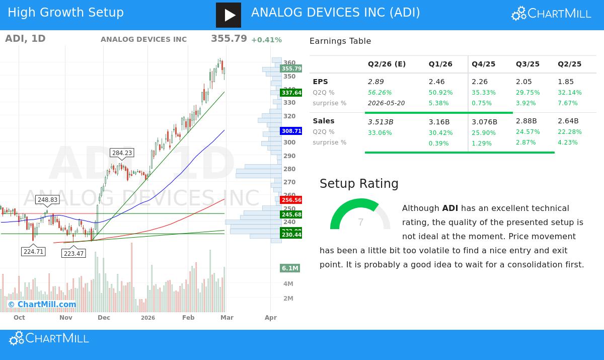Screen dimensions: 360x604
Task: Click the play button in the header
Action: [x=229, y=15]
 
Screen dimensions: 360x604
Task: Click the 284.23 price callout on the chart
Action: [x=122, y=153]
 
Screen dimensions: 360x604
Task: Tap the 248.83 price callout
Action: [x=47, y=200]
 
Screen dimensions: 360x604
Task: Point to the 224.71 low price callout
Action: [x=33, y=252]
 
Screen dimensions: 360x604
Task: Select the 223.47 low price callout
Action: [x=73, y=254]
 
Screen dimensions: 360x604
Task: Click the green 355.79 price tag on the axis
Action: [x=291, y=69]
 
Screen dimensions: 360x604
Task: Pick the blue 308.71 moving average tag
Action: [x=291, y=131]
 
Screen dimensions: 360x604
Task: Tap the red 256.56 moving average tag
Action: [x=291, y=200]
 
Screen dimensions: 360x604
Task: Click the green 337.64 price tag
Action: [x=291, y=93]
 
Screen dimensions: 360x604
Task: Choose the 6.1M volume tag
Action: [x=290, y=268]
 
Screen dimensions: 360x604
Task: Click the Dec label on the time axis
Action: [x=104, y=318]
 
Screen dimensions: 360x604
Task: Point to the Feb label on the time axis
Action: [x=188, y=318]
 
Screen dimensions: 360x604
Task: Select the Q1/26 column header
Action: [x=440, y=64]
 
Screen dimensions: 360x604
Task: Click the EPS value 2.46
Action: [x=437, y=82]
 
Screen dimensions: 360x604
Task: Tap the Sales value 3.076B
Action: [x=484, y=122]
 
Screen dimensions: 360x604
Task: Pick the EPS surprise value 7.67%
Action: [x=568, y=103]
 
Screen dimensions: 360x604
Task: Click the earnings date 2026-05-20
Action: [x=386, y=103]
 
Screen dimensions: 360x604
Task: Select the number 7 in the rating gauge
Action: [x=360, y=223]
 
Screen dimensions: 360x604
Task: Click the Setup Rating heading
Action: [x=359, y=184]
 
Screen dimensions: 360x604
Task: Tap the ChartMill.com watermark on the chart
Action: [x=42, y=304]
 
